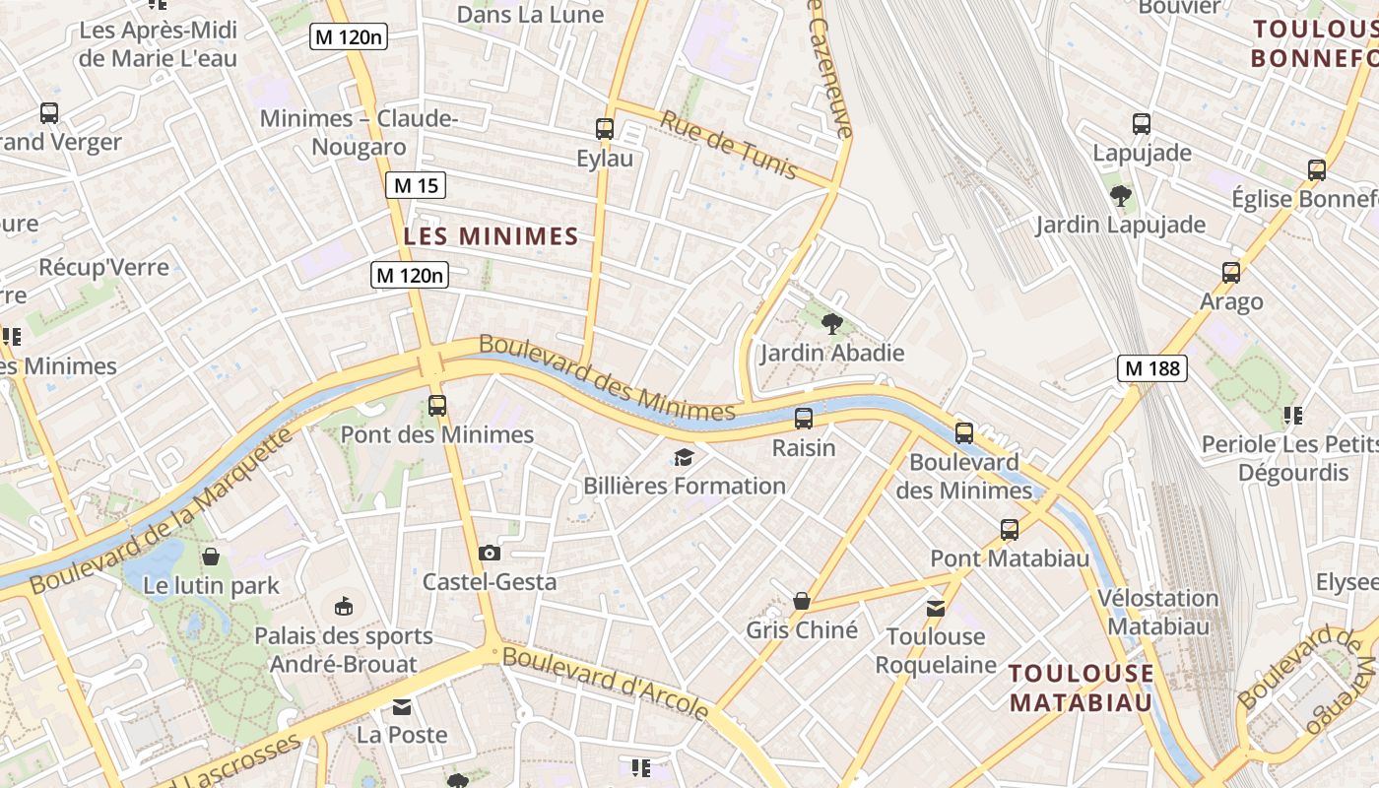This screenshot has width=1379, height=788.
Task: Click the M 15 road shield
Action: click(x=415, y=184)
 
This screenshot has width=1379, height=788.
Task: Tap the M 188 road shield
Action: click(x=1151, y=368)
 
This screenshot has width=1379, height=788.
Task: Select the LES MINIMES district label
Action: click(x=491, y=236)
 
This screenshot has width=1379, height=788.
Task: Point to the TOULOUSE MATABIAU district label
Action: click(x=1081, y=688)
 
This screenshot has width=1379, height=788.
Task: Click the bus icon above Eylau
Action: click(x=605, y=129)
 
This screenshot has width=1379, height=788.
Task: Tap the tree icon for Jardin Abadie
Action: click(x=832, y=323)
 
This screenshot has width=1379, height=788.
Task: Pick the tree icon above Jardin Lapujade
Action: click(x=1120, y=195)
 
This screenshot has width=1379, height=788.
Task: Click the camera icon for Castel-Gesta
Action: click(x=489, y=553)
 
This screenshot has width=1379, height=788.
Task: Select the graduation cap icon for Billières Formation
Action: click(x=684, y=456)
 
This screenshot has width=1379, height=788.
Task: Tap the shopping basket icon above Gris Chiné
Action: click(x=802, y=601)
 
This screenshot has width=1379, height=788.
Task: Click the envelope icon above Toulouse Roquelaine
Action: click(x=936, y=608)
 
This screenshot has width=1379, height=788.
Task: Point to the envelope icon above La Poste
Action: click(x=402, y=706)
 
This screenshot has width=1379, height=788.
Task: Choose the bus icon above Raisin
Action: click(x=804, y=419)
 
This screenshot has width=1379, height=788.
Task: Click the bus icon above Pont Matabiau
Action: click(x=1010, y=530)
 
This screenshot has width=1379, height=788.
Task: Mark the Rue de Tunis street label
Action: click(x=728, y=145)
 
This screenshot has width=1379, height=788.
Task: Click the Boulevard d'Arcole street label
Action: click(x=606, y=681)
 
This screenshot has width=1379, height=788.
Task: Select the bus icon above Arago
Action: click(x=1230, y=273)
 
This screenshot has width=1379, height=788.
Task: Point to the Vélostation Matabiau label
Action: click(x=1157, y=611)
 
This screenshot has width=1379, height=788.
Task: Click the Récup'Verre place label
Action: click(x=103, y=267)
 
